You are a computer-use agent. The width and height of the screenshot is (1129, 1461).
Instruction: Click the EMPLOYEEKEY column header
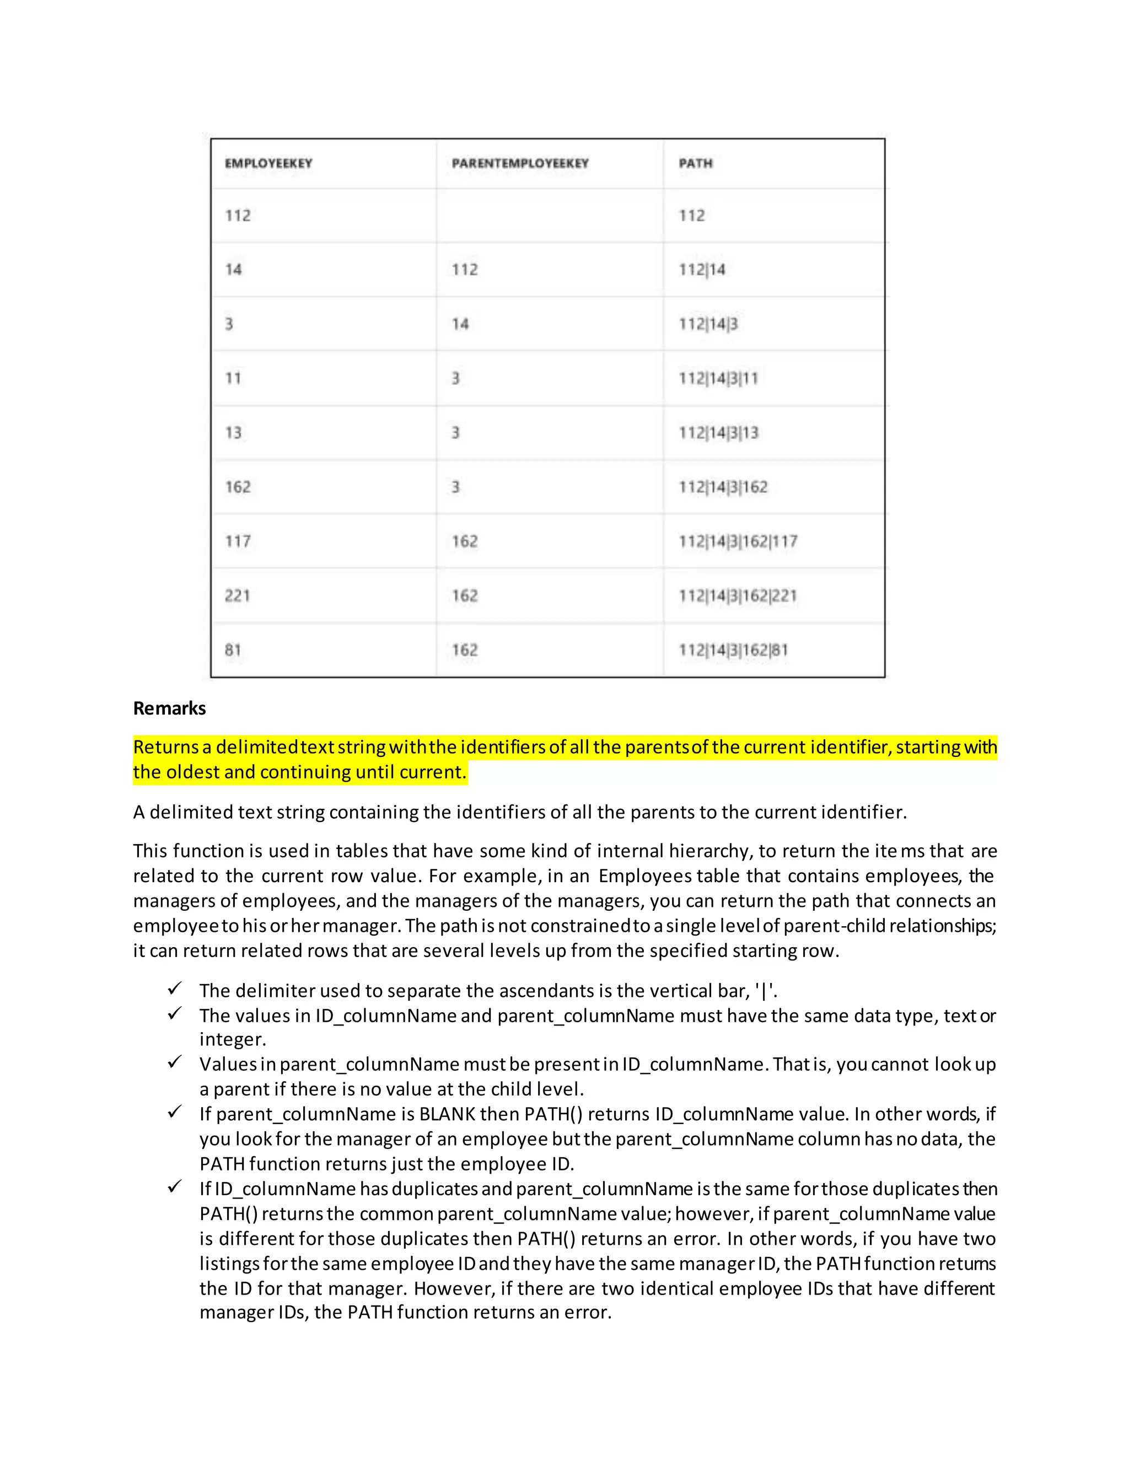click(268, 163)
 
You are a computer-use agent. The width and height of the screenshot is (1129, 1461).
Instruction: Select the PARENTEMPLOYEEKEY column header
click(520, 163)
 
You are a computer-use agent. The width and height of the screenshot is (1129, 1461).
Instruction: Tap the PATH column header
click(696, 163)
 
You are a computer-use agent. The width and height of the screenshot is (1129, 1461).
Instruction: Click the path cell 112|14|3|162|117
click(738, 541)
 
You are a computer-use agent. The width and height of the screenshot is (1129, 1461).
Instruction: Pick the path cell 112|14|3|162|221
click(738, 595)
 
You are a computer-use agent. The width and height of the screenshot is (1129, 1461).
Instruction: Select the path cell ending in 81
click(733, 649)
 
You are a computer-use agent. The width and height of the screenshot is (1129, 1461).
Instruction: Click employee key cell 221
click(238, 595)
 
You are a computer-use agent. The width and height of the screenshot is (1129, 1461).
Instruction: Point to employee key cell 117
click(238, 541)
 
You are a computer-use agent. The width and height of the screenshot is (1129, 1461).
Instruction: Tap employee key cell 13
click(233, 433)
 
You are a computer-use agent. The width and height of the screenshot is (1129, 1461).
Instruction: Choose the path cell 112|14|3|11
click(718, 379)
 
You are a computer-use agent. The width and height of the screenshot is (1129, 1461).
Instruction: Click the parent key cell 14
click(460, 324)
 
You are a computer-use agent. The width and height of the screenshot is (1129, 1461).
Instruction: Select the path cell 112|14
click(702, 270)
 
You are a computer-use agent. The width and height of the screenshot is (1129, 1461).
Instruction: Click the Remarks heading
click(169, 708)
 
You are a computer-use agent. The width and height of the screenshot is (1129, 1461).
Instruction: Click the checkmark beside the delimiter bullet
click(175, 988)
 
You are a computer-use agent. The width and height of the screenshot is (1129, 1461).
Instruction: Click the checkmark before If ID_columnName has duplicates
click(175, 1187)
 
